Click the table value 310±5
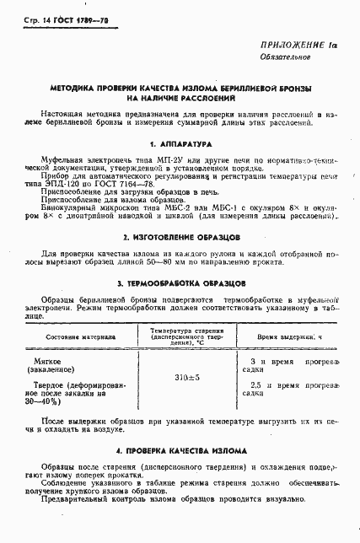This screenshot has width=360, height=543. click(186, 377)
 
